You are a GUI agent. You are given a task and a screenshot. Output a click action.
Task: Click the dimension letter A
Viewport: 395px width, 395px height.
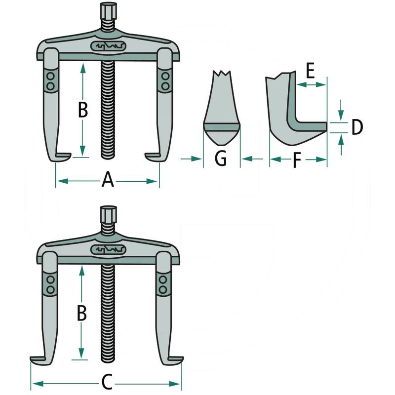click(x=108, y=181)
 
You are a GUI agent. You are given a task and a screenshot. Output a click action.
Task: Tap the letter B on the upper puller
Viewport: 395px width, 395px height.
click(x=83, y=110)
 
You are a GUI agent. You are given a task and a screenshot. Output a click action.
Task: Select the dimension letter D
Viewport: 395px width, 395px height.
click(x=356, y=127)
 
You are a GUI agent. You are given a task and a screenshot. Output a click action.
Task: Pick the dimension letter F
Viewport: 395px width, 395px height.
click(x=295, y=160)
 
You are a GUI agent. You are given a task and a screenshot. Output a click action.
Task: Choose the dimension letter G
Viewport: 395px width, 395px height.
click(x=221, y=159)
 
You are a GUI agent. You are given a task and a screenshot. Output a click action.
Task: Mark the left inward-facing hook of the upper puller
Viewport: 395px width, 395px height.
click(x=62, y=157)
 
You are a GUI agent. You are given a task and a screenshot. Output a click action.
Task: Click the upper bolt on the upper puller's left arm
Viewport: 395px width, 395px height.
click(x=50, y=77)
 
